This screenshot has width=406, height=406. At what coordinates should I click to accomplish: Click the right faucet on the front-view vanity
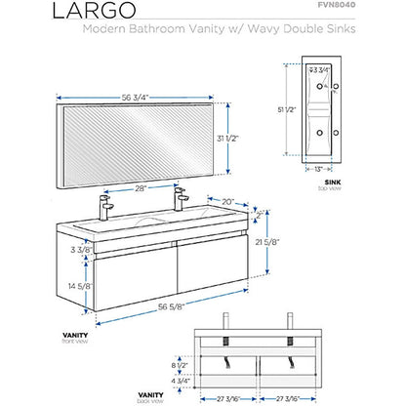[x=180, y=199]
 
